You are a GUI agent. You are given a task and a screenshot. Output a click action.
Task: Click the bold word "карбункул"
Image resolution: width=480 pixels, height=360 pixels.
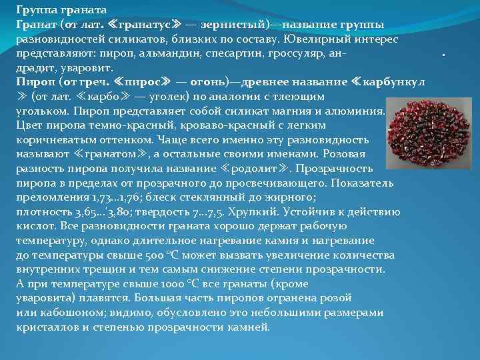pyautogui.click(x=393, y=83)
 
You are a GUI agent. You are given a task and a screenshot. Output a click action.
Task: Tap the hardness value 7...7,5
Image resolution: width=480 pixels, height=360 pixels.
pyautogui.click(x=217, y=213)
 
